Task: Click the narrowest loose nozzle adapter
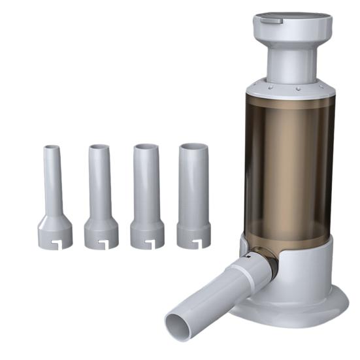54,196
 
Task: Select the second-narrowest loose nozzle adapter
101,196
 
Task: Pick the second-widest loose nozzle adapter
146,196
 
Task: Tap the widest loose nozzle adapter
193,196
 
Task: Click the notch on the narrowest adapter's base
56,245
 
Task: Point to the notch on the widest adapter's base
195,244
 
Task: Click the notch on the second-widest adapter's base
149,245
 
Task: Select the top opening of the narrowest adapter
52,148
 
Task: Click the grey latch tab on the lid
269,20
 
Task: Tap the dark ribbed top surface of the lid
297,16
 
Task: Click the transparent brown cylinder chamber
287,163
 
